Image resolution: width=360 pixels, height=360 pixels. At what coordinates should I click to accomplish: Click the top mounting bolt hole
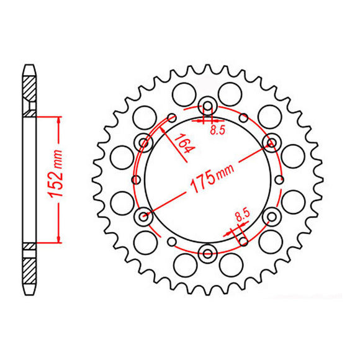point(207,106)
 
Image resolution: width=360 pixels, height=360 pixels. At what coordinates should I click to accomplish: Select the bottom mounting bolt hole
point(207,251)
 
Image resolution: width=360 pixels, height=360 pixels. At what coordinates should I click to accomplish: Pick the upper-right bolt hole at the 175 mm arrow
point(271,143)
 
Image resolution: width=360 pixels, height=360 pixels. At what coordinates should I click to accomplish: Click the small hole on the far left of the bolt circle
point(135,179)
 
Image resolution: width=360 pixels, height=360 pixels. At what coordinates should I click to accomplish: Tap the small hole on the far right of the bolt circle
point(280,179)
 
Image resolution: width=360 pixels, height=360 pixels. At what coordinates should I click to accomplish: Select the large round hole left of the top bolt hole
point(182,94)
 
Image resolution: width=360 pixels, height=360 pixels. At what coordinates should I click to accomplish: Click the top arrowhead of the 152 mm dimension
point(58,119)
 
